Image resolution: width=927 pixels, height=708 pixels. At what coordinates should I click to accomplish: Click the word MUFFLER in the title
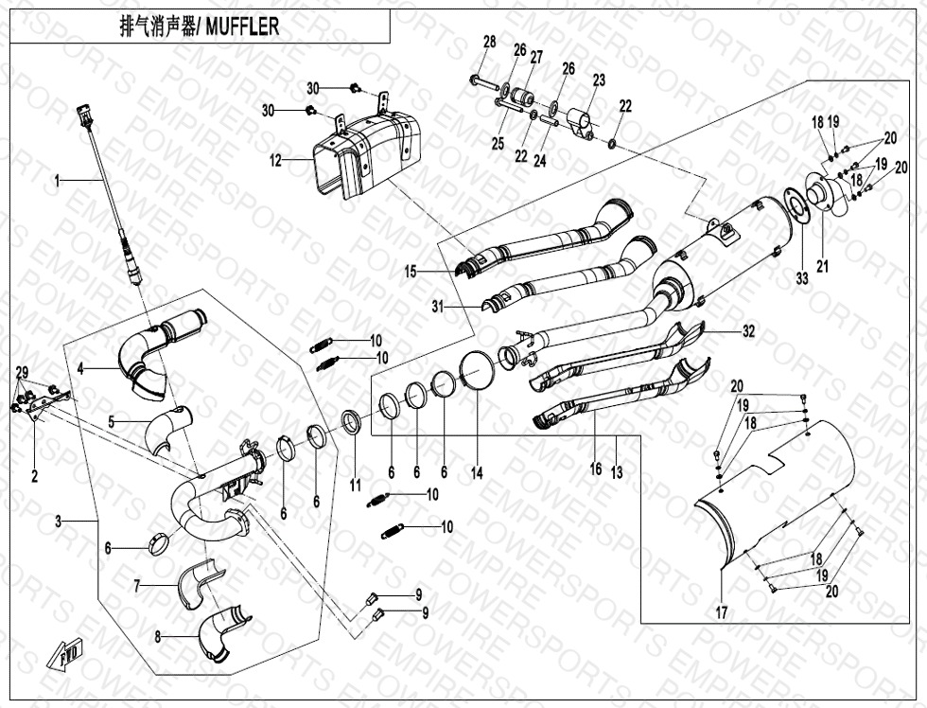[242, 27]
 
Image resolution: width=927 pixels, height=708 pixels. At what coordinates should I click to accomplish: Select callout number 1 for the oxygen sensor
[58, 179]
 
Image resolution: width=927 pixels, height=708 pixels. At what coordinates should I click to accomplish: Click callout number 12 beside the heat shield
[275, 161]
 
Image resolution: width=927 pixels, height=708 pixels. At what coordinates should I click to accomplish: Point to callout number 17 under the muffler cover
[722, 612]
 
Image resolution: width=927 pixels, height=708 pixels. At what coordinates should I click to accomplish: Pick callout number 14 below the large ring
[477, 473]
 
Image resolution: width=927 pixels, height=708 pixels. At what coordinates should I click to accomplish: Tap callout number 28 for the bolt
[489, 42]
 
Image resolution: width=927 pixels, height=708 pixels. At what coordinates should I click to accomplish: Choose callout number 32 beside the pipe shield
[748, 331]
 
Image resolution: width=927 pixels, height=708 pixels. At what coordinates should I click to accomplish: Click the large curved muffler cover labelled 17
[776, 502]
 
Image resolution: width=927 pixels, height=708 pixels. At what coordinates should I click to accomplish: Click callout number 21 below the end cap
[823, 267]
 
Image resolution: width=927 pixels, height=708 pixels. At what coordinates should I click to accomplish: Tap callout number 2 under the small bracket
[34, 476]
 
